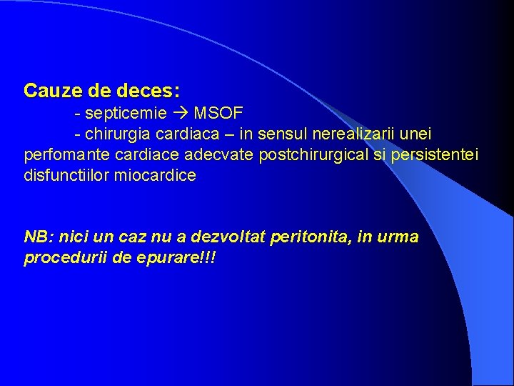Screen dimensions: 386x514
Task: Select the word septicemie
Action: click(x=126, y=114)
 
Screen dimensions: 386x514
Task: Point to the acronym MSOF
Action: click(x=218, y=114)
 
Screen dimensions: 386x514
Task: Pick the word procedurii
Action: click(x=62, y=257)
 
